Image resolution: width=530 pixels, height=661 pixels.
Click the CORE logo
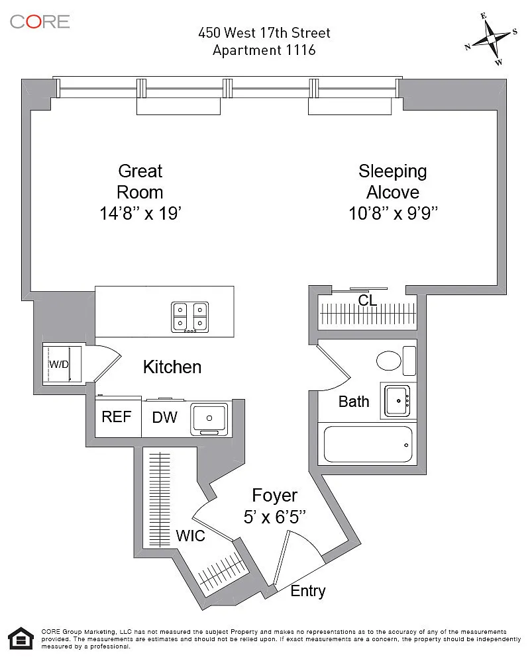[40, 21]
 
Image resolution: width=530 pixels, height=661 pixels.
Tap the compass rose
[492, 39]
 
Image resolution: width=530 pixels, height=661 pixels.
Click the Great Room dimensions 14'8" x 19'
[140, 213]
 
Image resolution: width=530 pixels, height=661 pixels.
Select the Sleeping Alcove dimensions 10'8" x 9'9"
[393, 213]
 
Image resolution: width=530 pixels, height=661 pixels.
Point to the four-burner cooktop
[190, 317]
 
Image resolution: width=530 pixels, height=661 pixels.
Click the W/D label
[59, 364]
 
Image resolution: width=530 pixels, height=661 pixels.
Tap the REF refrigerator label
[117, 417]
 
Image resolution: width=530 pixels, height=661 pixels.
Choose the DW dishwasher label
[164, 418]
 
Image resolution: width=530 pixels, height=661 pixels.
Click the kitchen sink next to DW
[209, 419]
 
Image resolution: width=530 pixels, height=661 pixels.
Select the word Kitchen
[172, 367]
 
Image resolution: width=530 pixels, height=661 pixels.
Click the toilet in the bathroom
[396, 361]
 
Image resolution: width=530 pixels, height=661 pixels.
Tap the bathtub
[368, 445]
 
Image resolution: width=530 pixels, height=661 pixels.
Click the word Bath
[354, 402]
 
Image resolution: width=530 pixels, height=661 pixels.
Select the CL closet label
[368, 300]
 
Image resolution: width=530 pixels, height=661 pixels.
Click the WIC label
[190, 536]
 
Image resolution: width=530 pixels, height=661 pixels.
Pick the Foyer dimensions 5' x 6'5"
[275, 517]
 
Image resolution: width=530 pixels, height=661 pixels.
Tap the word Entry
[308, 592]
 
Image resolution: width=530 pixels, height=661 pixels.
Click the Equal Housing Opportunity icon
[21, 639]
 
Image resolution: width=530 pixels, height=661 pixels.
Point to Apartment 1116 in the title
[264, 50]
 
